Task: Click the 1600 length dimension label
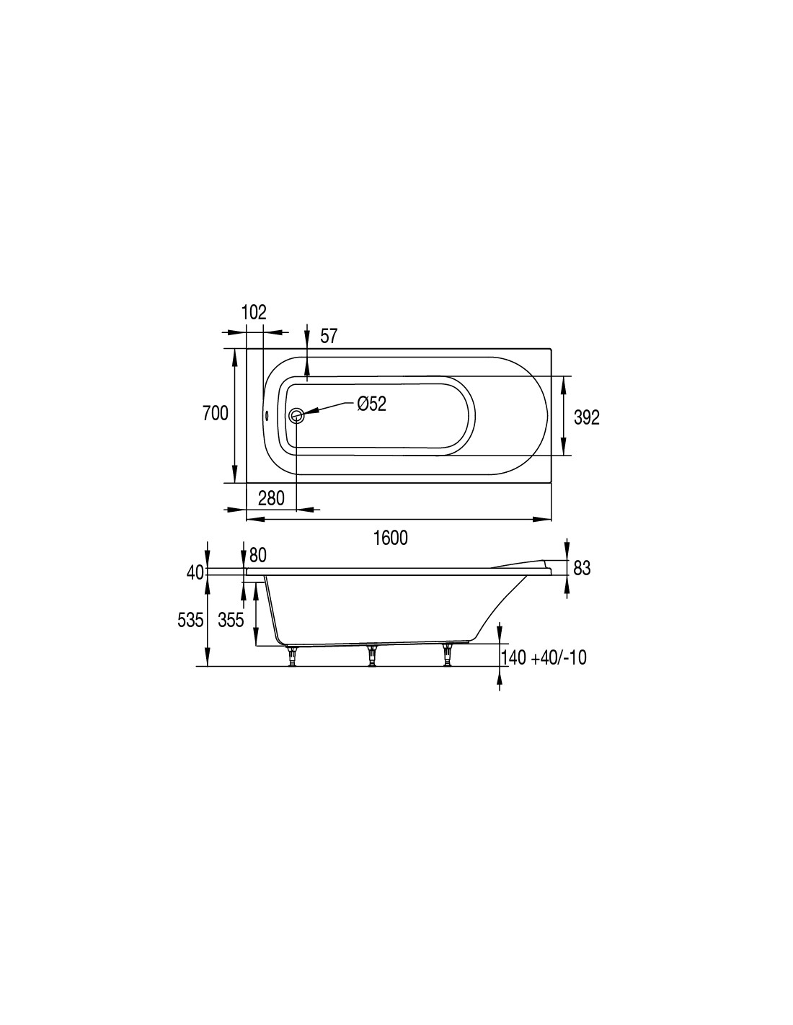click(390, 538)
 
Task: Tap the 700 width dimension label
click(215, 413)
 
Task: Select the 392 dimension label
click(586, 417)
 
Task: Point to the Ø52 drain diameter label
click(372, 404)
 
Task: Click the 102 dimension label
click(254, 312)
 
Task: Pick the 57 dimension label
click(329, 337)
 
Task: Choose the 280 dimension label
click(271, 498)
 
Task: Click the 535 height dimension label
click(190, 621)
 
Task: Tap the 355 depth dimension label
click(231, 621)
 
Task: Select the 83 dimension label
click(582, 569)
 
